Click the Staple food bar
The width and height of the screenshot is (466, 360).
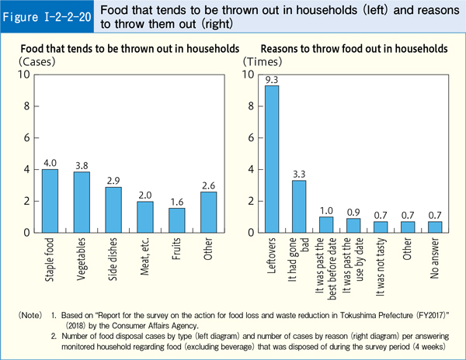(50, 201)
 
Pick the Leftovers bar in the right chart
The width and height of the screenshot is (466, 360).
(272, 159)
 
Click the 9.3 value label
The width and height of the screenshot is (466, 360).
(272, 79)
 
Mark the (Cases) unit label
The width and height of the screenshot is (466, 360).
(36, 61)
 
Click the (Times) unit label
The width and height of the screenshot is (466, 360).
(259, 61)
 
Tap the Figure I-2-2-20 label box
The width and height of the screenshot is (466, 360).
(48, 16)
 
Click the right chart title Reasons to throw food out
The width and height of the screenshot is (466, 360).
(353, 48)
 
